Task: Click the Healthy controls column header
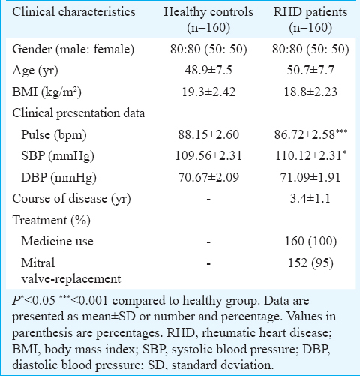tap(208, 20)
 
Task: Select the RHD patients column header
tap(310, 20)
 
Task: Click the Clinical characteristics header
tap(73, 12)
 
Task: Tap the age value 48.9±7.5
tap(208, 70)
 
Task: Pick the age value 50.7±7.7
tap(310, 70)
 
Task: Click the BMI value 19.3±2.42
tap(208, 92)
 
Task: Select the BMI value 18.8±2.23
tap(310, 92)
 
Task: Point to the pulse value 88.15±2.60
tap(208, 134)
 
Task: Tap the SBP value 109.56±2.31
tap(208, 156)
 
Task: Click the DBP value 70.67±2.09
tap(208, 177)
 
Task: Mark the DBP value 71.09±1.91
tap(310, 177)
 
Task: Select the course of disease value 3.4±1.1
tap(310, 199)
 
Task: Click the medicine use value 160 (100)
tap(310, 242)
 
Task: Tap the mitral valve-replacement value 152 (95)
tap(310, 263)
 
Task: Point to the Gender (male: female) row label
tap(73, 50)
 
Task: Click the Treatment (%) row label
tap(52, 221)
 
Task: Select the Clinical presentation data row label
tap(79, 113)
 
